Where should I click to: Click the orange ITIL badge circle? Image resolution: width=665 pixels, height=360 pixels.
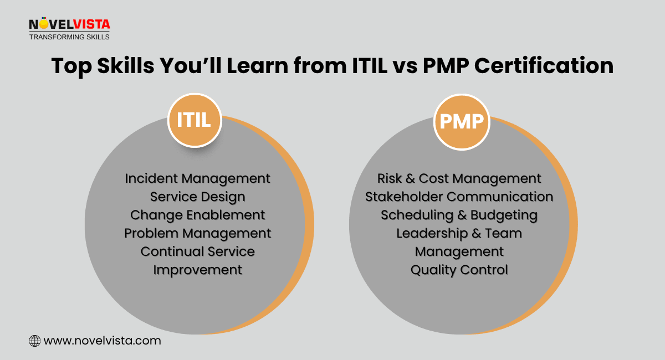pyautogui.click(x=195, y=120)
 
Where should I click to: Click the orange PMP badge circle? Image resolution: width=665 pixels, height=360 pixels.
pyautogui.click(x=462, y=122)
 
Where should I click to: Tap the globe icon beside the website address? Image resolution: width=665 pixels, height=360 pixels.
pyautogui.click(x=35, y=341)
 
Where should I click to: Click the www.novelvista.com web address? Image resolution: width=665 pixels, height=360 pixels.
pyautogui.click(x=102, y=341)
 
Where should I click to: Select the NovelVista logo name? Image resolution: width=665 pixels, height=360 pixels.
pyautogui.click(x=69, y=24)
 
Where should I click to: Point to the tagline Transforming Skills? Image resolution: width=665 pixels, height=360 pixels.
pyautogui.click(x=69, y=37)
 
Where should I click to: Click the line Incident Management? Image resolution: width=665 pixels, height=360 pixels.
pyautogui.click(x=197, y=179)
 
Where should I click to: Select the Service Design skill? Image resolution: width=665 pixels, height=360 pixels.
pyautogui.click(x=197, y=197)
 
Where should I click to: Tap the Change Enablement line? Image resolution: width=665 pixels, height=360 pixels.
pyautogui.click(x=197, y=215)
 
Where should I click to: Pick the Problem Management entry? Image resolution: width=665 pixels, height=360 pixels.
pyautogui.click(x=197, y=234)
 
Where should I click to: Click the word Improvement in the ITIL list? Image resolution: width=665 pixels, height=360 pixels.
pyautogui.click(x=197, y=270)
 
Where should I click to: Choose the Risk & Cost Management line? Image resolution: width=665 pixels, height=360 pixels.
pyautogui.click(x=459, y=179)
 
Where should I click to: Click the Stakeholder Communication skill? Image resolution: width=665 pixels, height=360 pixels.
pyautogui.click(x=459, y=197)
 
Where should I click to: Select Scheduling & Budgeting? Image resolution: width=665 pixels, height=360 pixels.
pyautogui.click(x=459, y=215)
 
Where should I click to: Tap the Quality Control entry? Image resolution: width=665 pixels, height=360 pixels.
pyautogui.click(x=459, y=270)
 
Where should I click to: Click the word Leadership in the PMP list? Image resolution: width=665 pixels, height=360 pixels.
pyautogui.click(x=432, y=234)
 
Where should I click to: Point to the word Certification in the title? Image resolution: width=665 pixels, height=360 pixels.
pyautogui.click(x=544, y=65)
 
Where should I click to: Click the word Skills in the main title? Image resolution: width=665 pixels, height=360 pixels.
pyautogui.click(x=126, y=65)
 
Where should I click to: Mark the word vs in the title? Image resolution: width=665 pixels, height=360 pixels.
pyautogui.click(x=405, y=68)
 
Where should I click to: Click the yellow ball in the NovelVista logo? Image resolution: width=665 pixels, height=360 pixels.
pyautogui.click(x=44, y=24)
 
